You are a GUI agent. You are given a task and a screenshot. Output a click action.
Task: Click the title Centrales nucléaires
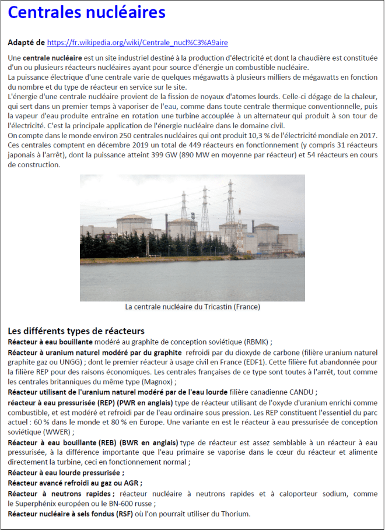pos(87,13)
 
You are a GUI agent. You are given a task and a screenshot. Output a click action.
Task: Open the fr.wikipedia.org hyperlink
pos(137,43)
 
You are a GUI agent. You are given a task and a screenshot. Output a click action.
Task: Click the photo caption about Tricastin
pos(192,307)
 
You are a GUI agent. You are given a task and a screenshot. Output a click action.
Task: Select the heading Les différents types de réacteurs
pos(76,331)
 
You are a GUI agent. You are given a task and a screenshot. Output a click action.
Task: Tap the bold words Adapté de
pos(26,43)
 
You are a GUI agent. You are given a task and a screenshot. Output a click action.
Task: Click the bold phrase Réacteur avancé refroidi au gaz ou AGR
pos(75,483)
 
